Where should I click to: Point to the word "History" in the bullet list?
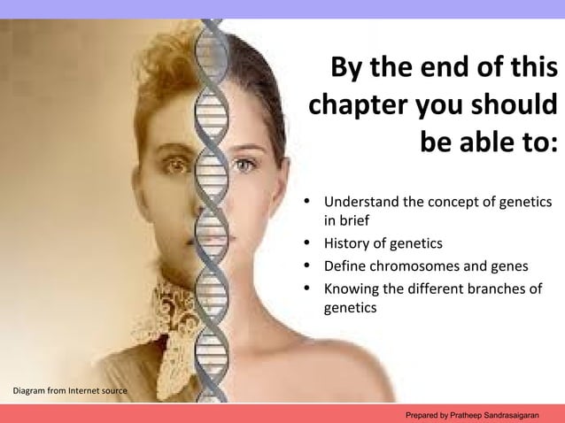348,243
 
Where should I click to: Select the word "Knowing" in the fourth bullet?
352,288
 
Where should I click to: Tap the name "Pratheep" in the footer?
467,414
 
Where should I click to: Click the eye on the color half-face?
244,165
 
